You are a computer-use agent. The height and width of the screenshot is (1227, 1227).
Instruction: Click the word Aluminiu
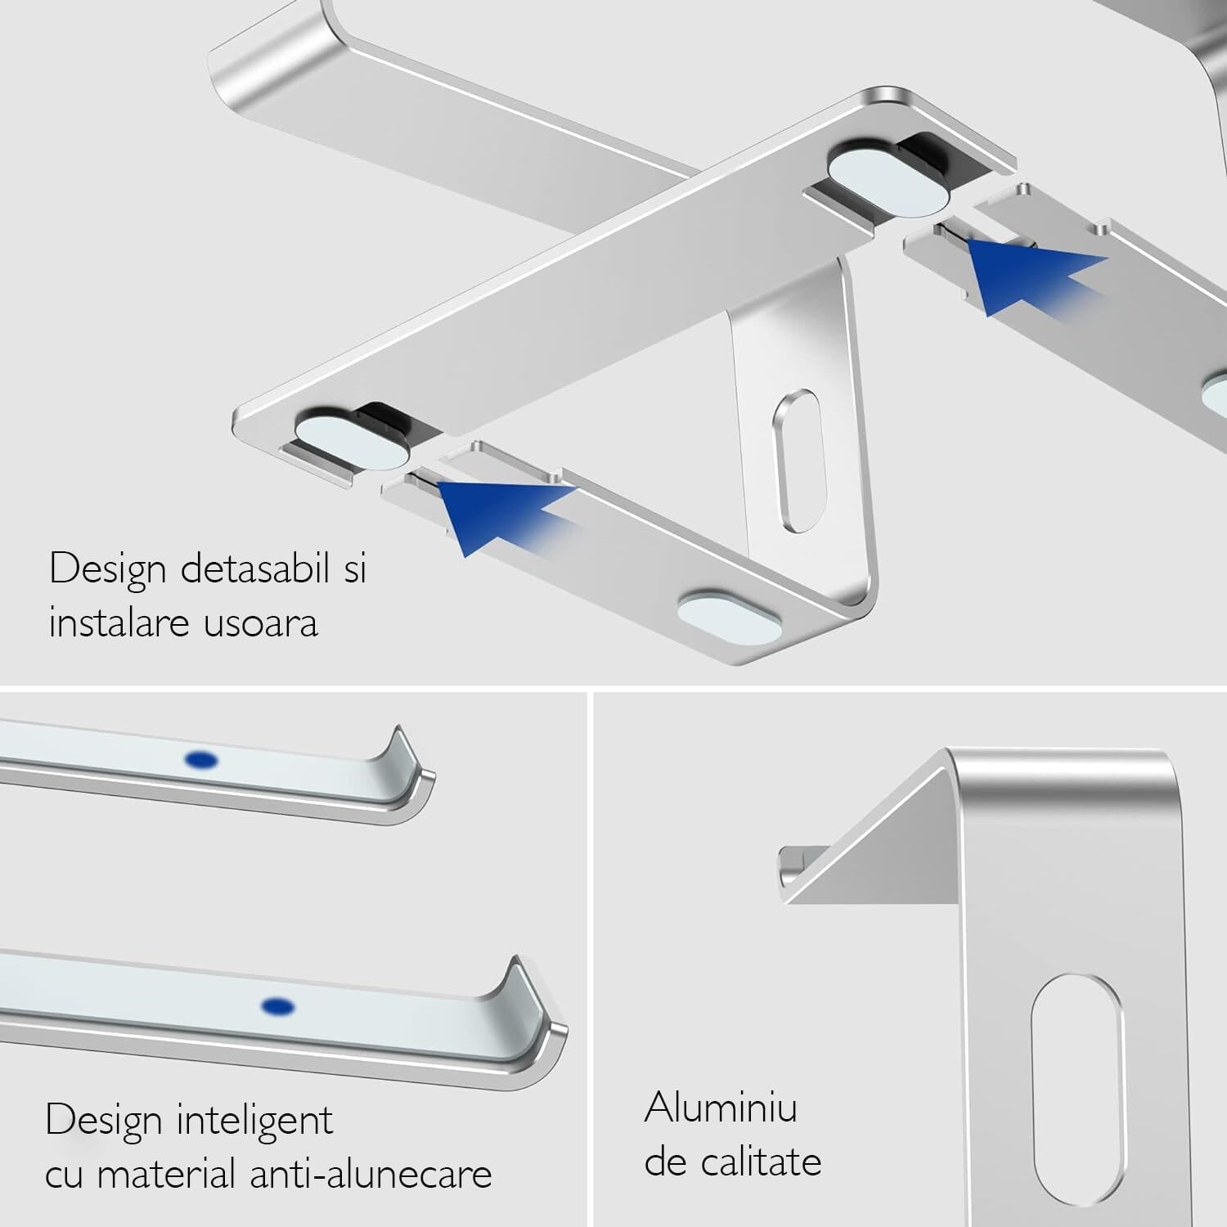(721, 1108)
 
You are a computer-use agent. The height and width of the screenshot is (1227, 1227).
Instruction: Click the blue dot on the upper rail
(201, 761)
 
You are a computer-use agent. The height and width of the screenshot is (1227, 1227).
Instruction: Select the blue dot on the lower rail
(277, 1005)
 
